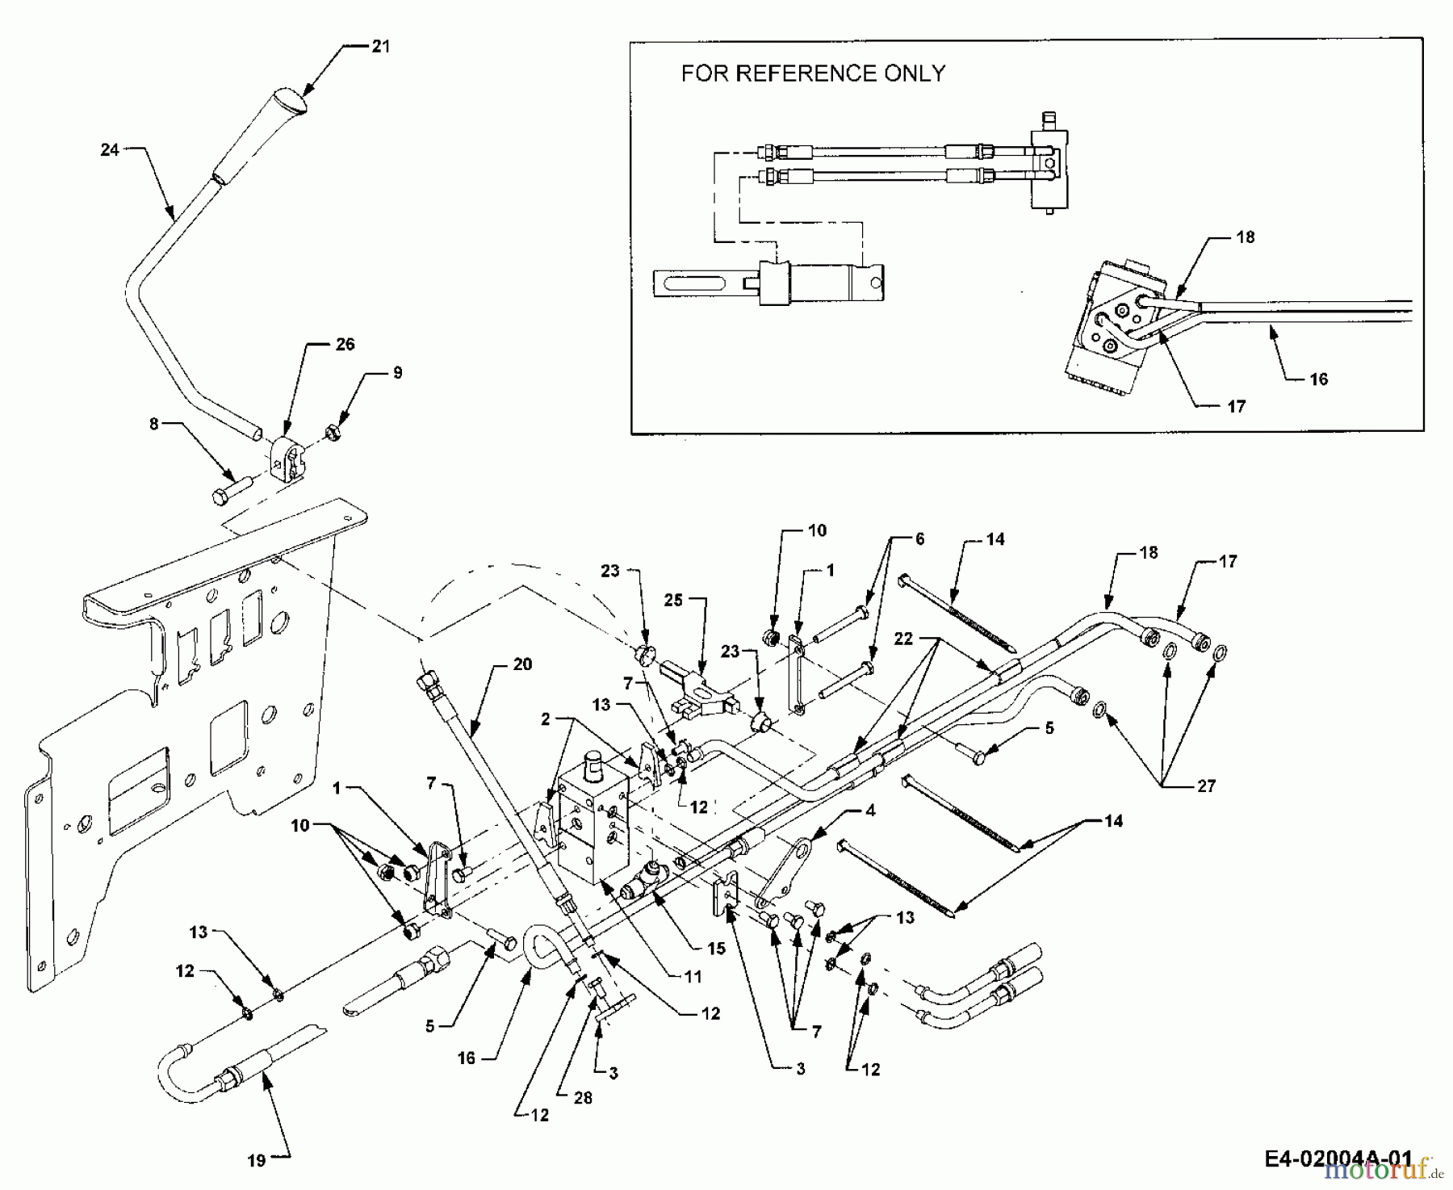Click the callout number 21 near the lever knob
click(380, 46)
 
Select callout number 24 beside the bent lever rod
click(110, 150)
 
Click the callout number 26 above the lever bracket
click(345, 344)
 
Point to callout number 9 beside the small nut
click(396, 373)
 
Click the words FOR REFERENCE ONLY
click(813, 73)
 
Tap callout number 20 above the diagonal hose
click(522, 664)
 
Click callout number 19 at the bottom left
click(256, 1161)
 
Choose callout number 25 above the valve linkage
click(673, 600)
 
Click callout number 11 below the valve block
click(693, 976)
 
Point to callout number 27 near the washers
click(1206, 786)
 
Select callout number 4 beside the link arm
click(869, 810)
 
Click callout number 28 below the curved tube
click(582, 1097)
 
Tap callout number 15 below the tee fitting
click(716, 949)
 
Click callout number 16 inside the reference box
click(1318, 379)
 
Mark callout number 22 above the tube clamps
click(903, 639)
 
